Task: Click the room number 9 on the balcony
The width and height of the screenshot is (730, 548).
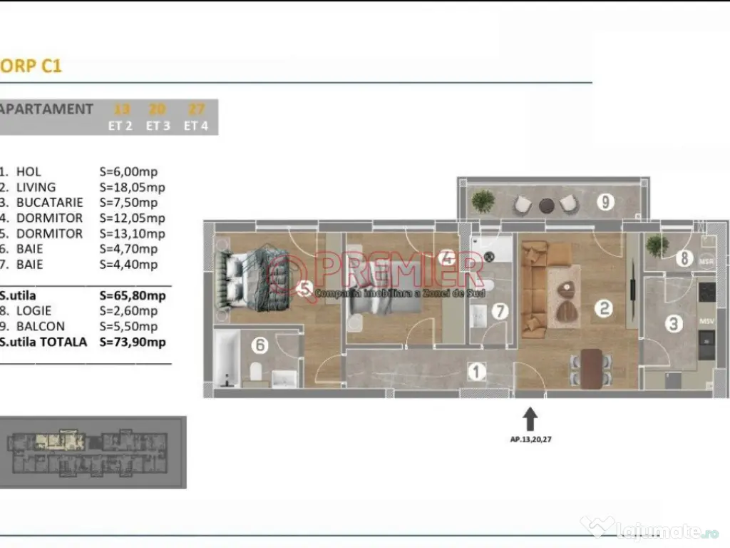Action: [605, 202]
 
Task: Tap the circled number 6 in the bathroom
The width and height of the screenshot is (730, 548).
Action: [260, 345]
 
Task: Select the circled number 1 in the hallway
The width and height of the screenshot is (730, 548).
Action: [475, 370]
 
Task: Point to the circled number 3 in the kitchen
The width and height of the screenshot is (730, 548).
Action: [672, 323]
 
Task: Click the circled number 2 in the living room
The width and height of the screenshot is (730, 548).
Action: [604, 308]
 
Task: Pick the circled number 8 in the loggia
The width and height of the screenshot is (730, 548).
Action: [683, 258]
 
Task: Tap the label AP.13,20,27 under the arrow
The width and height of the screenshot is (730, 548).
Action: [531, 440]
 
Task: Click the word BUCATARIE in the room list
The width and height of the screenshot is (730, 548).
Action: [49, 203]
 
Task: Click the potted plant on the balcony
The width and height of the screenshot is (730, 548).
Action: [483, 201]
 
